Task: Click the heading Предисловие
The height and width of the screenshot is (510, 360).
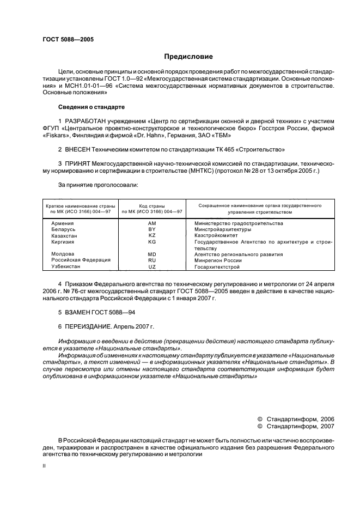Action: tap(188, 57)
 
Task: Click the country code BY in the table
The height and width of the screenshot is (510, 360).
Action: tap(152, 229)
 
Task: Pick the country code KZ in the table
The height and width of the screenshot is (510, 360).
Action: tap(152, 235)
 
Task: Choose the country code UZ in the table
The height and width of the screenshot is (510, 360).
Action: tap(152, 267)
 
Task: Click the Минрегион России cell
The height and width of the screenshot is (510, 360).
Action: tap(218, 260)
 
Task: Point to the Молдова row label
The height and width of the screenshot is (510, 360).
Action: tap(63, 254)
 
